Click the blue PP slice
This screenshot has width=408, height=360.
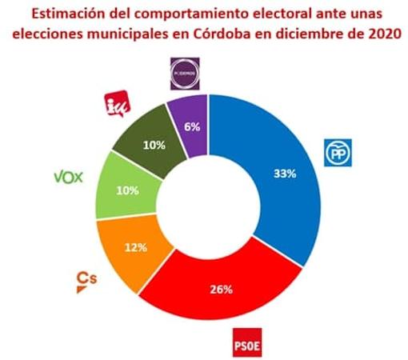(x=280, y=184)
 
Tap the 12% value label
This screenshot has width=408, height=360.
(x=136, y=247)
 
